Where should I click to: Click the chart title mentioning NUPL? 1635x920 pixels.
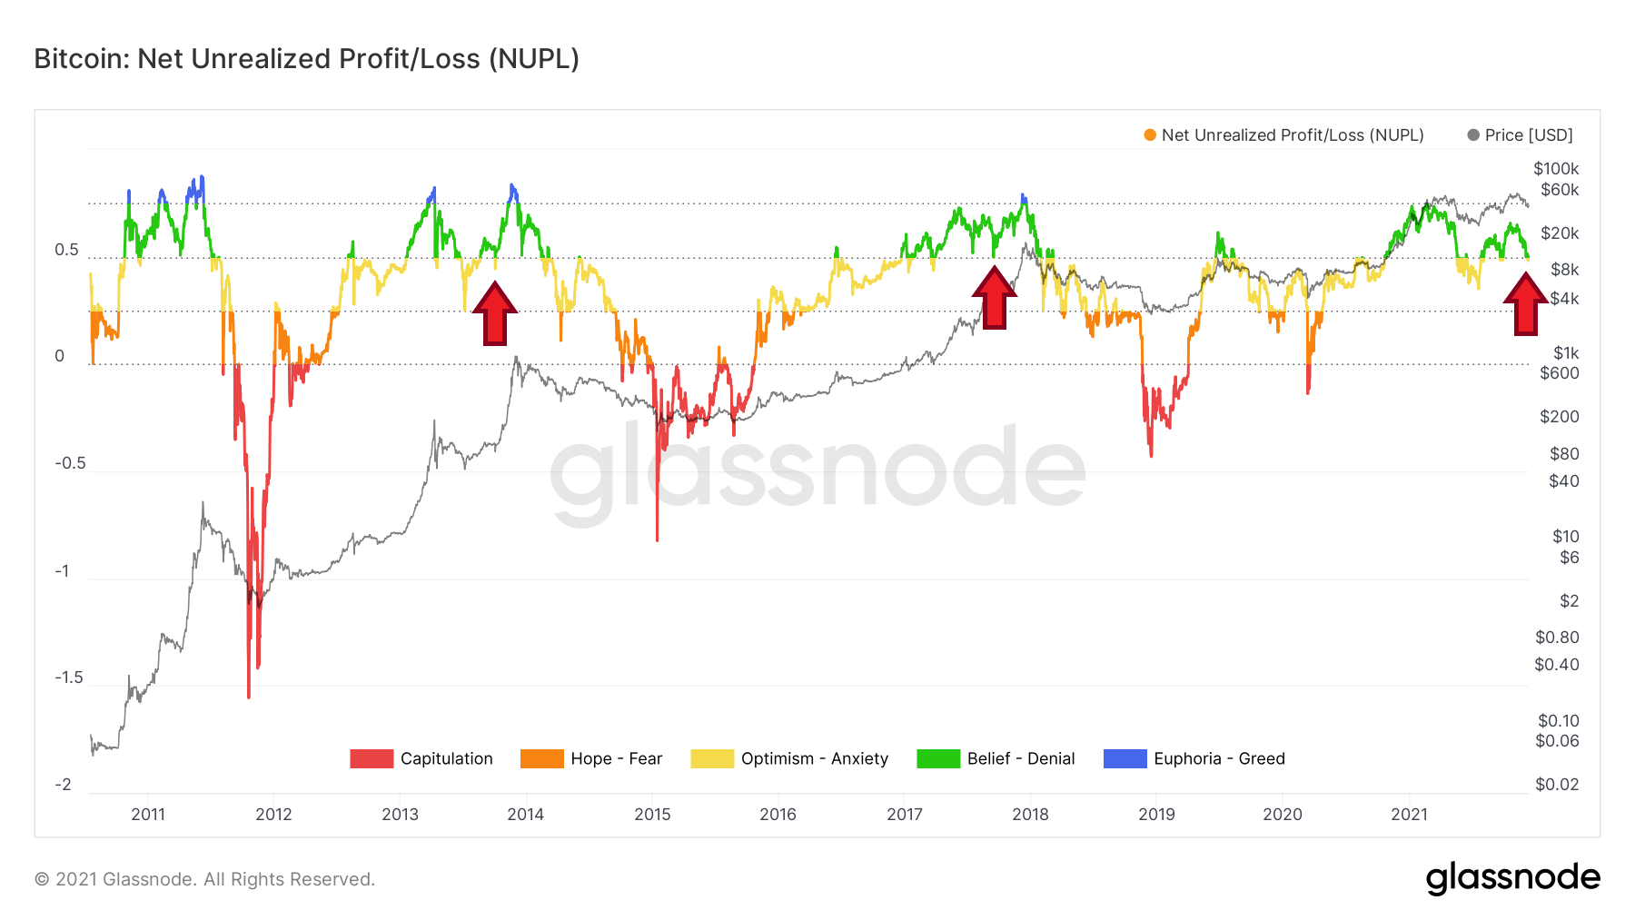tap(306, 59)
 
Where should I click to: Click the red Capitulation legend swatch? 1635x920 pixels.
tap(372, 758)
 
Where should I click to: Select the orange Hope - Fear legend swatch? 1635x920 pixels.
tap(541, 758)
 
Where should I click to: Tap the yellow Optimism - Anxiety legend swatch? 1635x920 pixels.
tap(711, 758)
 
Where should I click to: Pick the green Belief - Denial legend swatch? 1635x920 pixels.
tap(938, 758)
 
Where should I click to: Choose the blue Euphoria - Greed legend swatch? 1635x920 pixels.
tap(1125, 758)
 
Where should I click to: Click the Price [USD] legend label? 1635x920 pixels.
tap(1529, 135)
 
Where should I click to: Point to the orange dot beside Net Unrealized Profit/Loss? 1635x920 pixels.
tap(1150, 135)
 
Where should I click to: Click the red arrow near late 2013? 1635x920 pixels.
tap(494, 313)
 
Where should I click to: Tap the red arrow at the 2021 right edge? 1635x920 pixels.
tap(1525, 303)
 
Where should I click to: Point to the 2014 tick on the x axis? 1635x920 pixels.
tap(525, 814)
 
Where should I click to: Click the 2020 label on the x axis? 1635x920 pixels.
tap(1282, 814)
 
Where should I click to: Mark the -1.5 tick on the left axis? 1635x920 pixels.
tap(68, 678)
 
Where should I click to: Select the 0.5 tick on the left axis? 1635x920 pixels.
tap(66, 250)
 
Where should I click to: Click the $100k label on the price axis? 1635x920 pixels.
tap(1555, 169)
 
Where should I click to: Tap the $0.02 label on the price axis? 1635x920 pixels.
tap(1556, 785)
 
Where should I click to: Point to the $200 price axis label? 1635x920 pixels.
tap(1559, 417)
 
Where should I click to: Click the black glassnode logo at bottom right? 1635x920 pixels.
tap(1512, 878)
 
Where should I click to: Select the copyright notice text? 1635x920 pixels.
tap(204, 879)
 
